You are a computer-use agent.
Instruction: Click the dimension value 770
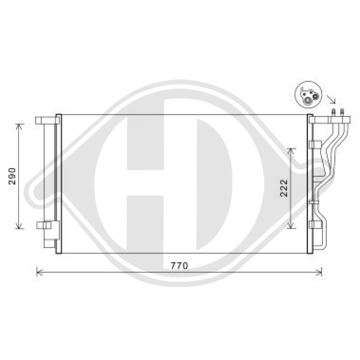tap(179, 266)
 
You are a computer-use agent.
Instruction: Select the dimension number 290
tap(13, 176)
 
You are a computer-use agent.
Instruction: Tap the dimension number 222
tap(284, 188)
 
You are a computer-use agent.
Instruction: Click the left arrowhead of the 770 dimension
tap(39, 272)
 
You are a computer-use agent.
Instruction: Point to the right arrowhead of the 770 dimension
tap(320, 272)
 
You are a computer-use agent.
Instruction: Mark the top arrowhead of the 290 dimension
tap(19, 126)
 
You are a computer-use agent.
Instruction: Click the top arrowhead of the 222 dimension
tap(291, 150)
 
